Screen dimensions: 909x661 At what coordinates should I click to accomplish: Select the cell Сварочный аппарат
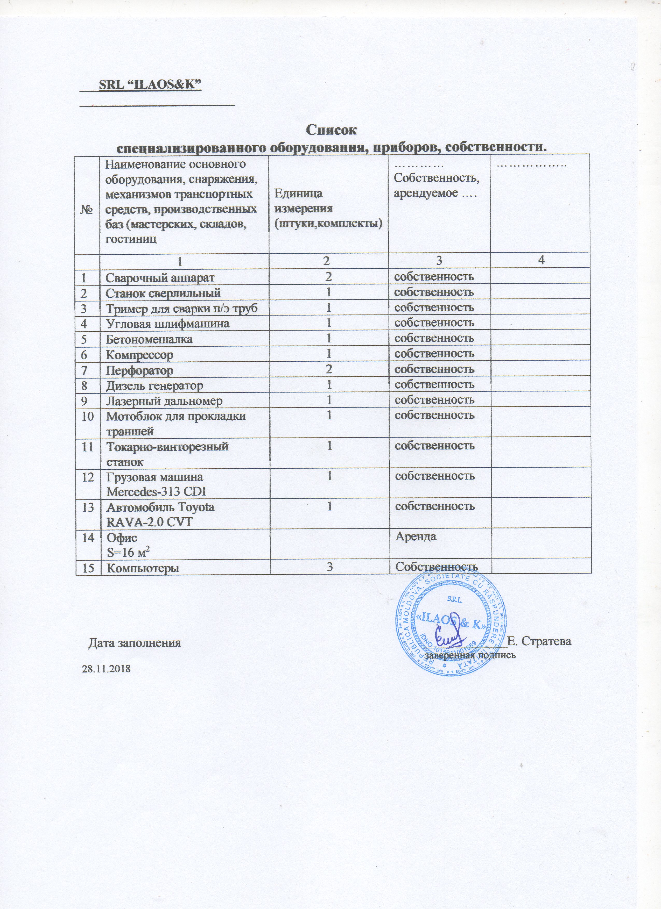(160, 277)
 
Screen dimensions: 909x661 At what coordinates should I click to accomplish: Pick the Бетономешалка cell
(149, 339)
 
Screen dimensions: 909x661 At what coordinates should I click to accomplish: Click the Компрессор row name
(139, 355)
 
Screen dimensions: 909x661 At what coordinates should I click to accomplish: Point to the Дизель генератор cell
(154, 385)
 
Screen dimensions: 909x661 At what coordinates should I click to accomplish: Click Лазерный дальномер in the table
(164, 401)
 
